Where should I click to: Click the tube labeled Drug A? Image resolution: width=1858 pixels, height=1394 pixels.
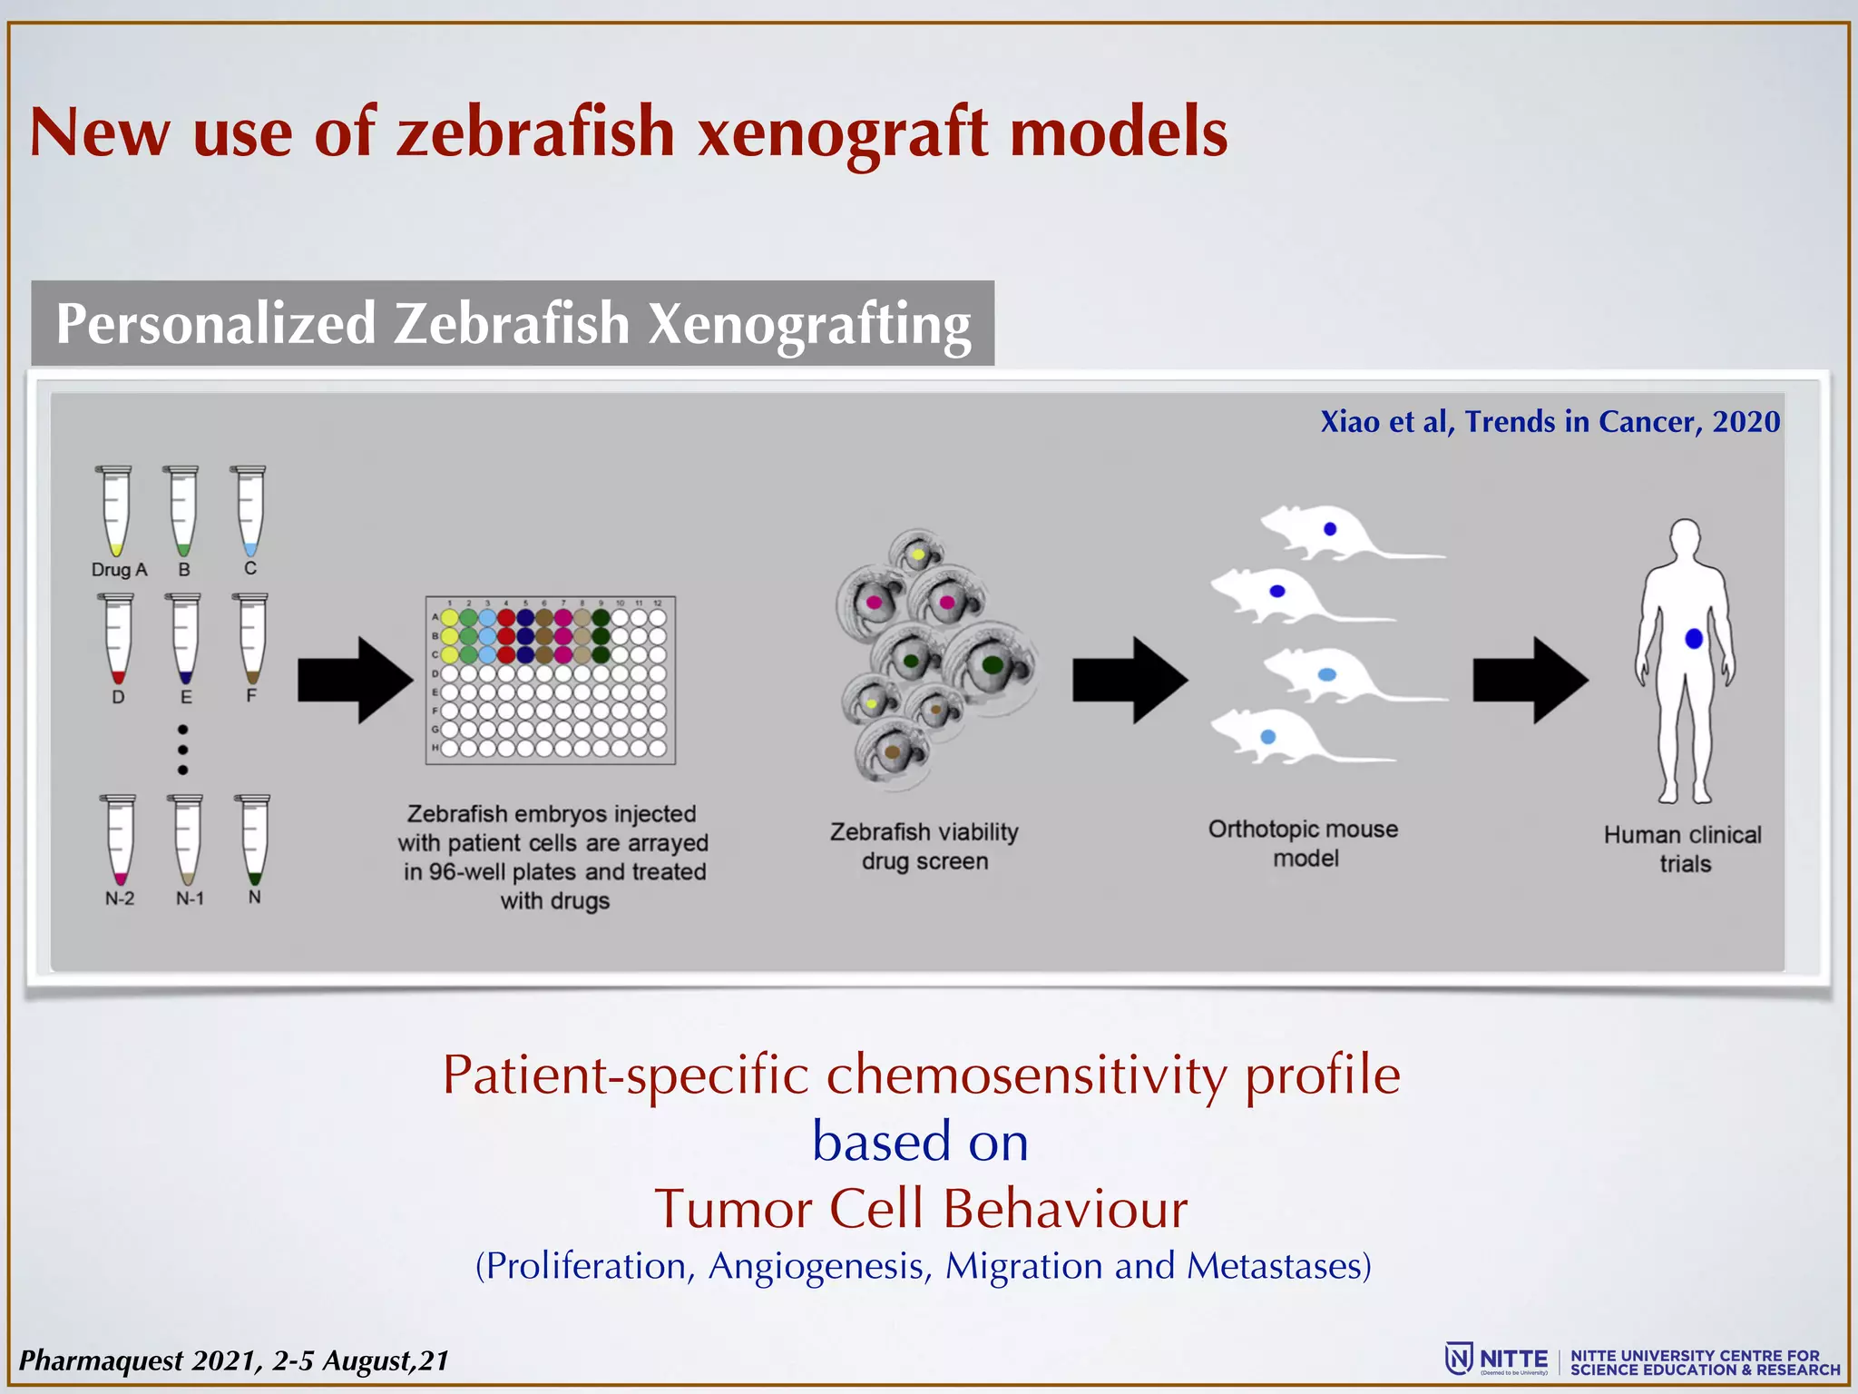coord(115,510)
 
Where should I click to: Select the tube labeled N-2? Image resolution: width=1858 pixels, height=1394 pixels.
coord(119,839)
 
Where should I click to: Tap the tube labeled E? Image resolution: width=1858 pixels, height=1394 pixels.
coord(185,638)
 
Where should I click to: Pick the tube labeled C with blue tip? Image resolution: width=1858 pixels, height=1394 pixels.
coord(249,510)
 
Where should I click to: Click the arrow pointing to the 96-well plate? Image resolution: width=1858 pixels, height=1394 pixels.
coord(355,680)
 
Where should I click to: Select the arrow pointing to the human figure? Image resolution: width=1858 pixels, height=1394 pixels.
coord(1530,680)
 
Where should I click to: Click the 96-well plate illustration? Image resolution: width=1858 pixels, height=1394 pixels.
coord(551,680)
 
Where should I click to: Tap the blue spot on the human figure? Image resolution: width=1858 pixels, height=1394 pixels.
coord(1693,639)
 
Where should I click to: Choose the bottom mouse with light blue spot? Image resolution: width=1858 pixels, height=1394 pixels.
coord(1288,737)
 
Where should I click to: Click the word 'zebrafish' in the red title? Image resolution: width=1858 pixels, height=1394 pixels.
coord(535,133)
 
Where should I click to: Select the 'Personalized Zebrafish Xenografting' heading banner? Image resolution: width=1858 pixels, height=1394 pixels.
coord(513,324)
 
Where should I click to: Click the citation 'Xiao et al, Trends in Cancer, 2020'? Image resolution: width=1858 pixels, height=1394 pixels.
coord(1550,422)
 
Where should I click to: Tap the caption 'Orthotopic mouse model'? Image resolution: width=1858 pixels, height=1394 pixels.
coord(1304,843)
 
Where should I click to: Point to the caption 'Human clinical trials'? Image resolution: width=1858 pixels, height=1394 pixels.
coord(1683,849)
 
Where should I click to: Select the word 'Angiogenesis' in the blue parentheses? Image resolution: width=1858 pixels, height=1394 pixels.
coord(819,1266)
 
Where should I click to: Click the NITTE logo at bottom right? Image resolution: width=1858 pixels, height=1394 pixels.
coord(1497,1360)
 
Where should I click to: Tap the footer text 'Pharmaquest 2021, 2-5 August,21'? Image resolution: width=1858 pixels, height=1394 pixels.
coord(234,1360)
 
